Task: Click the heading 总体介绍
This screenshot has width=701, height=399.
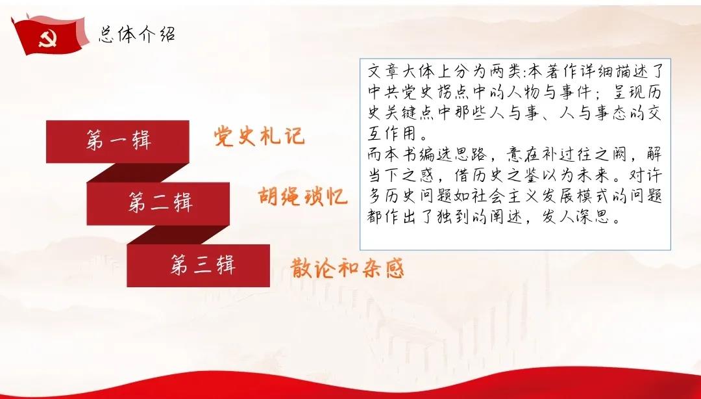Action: coord(137,34)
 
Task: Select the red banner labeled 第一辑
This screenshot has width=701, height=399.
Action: coord(117,141)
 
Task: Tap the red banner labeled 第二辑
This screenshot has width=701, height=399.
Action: coord(160,203)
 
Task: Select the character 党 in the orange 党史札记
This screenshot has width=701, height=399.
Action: coord(225,136)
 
